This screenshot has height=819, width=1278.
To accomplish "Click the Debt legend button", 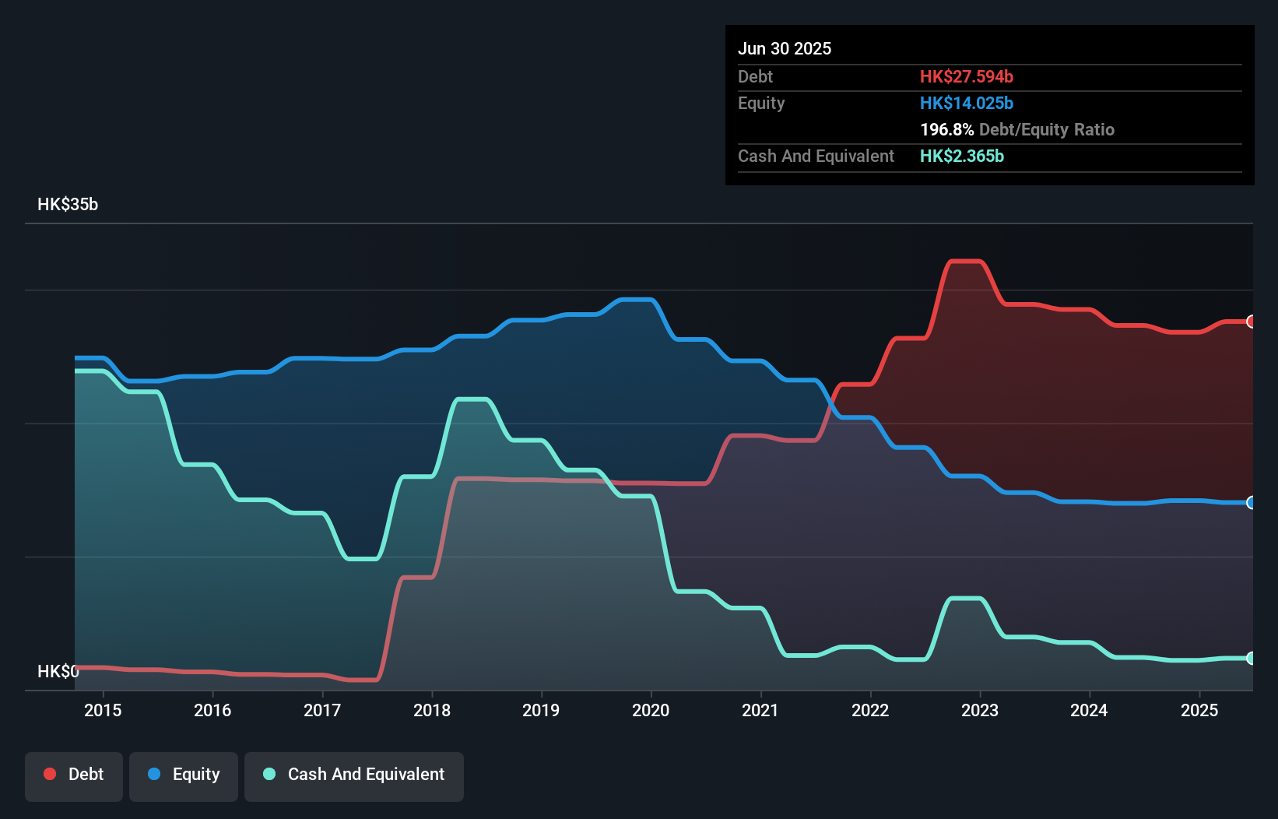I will tap(74, 775).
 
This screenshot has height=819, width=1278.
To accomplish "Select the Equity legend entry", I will tap(184, 775).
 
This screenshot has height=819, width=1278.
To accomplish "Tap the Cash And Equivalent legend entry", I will tap(354, 775).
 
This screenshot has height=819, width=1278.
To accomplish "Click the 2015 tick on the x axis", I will tap(103, 710).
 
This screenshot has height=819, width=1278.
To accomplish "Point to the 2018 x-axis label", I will tap(432, 710).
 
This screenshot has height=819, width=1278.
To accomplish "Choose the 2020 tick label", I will tap(651, 710).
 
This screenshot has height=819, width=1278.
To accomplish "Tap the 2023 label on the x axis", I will tap(979, 710).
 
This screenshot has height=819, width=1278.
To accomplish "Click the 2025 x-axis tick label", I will tap(1199, 710).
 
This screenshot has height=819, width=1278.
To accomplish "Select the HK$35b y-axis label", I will tap(68, 205).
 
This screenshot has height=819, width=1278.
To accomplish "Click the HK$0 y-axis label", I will tap(58, 671).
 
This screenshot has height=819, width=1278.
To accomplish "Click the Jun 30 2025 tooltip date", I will tap(785, 49).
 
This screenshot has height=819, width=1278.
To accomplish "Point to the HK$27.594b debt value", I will tap(966, 76).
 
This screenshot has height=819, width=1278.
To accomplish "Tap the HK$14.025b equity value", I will tap(966, 103).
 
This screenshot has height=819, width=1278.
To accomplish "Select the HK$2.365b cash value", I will tap(961, 156).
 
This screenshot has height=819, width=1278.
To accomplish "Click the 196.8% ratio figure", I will tap(946, 129).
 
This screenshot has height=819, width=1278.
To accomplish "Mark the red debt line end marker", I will tap(1251, 322).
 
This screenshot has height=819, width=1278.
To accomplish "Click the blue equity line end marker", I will tap(1251, 503).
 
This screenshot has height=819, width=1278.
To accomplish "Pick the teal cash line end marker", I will tap(1251, 659).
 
